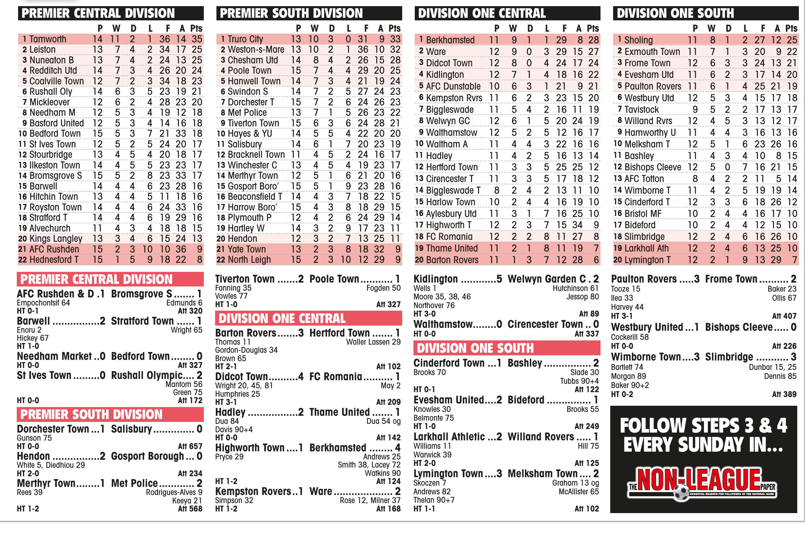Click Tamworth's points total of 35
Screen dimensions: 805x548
[197, 39]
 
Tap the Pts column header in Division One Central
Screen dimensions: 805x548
[593, 28]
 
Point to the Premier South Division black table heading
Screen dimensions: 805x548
[291, 13]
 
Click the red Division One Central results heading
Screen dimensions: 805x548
[282, 318]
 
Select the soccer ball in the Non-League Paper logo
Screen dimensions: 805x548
[681, 492]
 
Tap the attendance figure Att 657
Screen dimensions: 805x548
[190, 446]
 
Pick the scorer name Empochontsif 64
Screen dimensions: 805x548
[43, 303]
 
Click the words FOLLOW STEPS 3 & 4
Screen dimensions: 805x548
[703, 426]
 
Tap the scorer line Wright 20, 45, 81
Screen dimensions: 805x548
[244, 385]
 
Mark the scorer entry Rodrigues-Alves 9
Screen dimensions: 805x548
[174, 492]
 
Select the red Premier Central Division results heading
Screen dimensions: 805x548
[96, 279]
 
